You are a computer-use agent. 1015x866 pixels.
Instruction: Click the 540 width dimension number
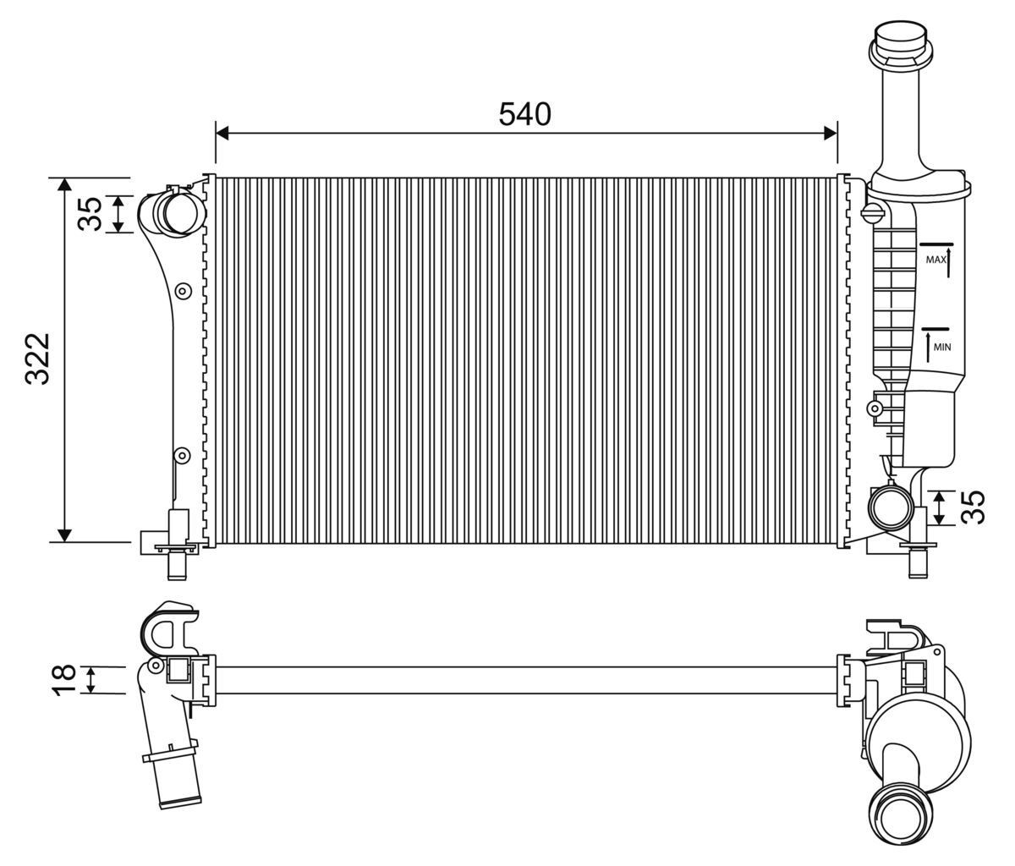point(524,113)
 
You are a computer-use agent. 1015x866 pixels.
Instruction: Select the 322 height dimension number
point(39,359)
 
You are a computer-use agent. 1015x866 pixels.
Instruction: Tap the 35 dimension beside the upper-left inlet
point(91,213)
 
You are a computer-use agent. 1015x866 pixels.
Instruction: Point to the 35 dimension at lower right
point(975,507)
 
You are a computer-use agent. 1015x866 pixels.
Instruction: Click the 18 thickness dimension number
point(64,680)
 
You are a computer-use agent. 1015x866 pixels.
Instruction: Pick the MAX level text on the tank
point(935,260)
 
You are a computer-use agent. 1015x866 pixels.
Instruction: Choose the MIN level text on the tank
point(942,347)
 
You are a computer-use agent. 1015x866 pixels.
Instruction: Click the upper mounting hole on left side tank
point(181,292)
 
